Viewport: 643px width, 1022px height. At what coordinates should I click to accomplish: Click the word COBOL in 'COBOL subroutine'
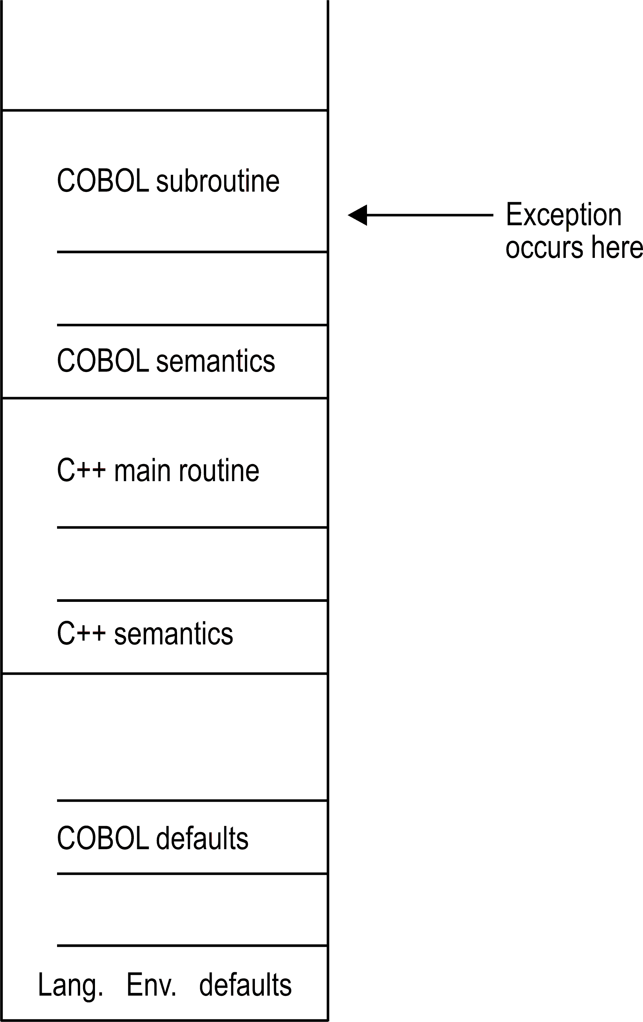[102, 181]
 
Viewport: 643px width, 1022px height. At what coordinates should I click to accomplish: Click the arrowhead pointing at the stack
[357, 215]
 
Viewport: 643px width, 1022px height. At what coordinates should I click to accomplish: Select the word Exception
[563, 215]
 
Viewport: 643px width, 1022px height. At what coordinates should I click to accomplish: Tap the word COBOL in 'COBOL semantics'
[102, 361]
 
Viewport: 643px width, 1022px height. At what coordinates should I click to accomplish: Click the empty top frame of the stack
[165, 55]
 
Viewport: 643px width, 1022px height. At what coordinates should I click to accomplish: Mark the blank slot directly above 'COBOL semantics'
[192, 289]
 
